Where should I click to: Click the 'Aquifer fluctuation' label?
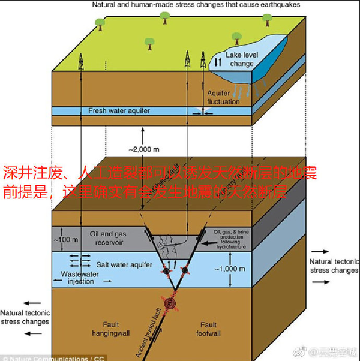click(x=223, y=97)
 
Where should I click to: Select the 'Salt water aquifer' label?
click(x=122, y=264)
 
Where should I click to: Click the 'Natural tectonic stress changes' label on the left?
click(x=25, y=317)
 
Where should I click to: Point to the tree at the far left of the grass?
click(x=100, y=23)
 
